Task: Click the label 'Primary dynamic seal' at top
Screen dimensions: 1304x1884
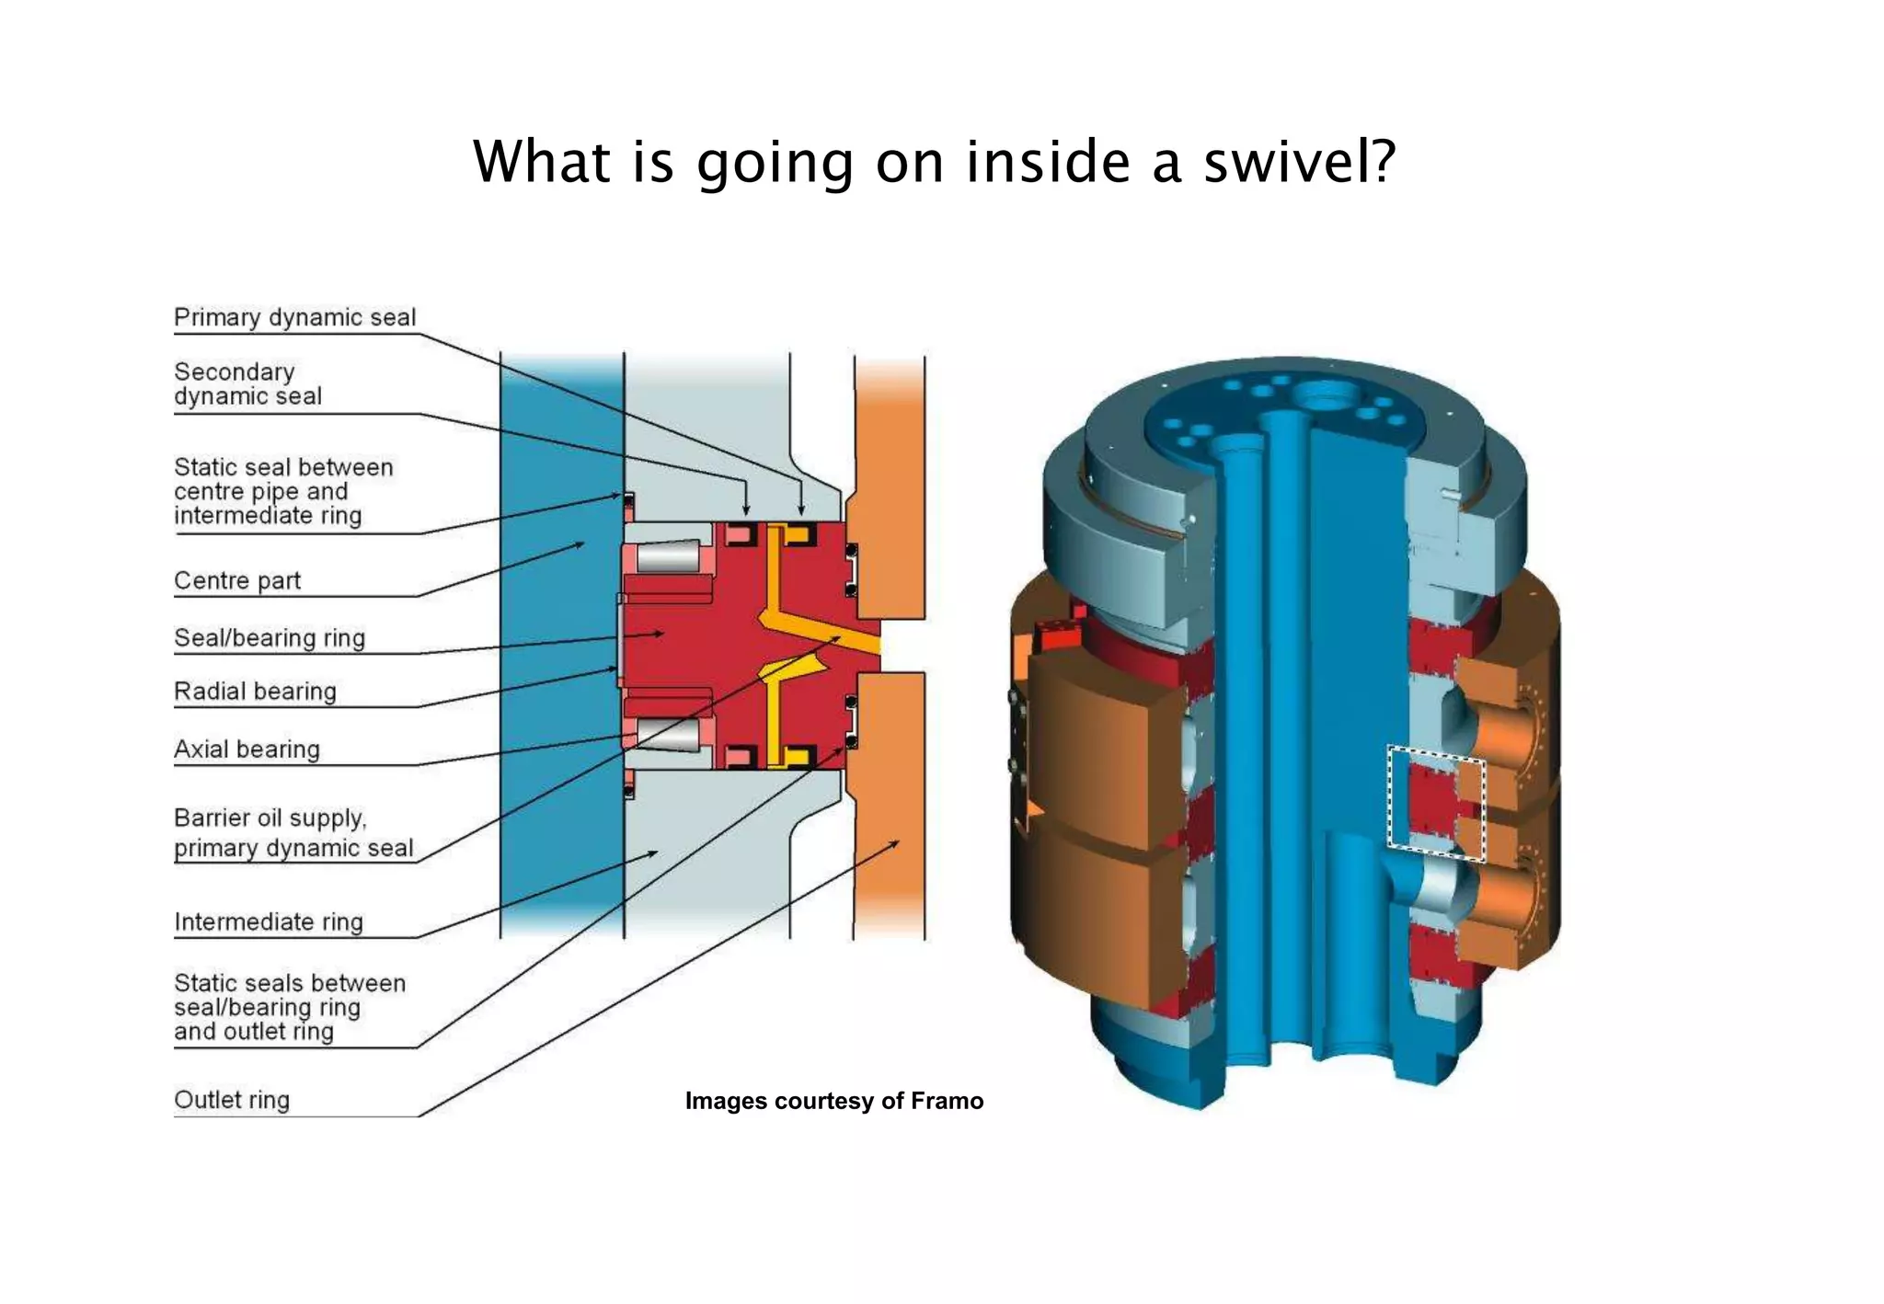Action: pyautogui.click(x=294, y=317)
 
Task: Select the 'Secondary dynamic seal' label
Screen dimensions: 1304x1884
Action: pyautogui.click(x=247, y=384)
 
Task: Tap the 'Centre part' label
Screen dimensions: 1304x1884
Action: pyautogui.click(x=237, y=581)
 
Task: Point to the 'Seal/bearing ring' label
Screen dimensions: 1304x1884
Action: pyautogui.click(x=270, y=638)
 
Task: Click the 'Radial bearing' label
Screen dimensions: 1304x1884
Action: pyautogui.click(x=255, y=692)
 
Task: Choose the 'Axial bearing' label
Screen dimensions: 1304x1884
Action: pyautogui.click(x=247, y=749)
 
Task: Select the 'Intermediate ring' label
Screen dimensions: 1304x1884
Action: pyautogui.click(x=268, y=921)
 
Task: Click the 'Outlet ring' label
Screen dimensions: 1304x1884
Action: pyautogui.click(x=232, y=1100)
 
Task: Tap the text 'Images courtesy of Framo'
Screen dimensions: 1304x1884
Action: pyautogui.click(x=833, y=1101)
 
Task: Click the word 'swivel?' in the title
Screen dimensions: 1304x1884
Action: pyautogui.click(x=1300, y=162)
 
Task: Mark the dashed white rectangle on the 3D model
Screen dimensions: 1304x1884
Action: pyautogui.click(x=1435, y=804)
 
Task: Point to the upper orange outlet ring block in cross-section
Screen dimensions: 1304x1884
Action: pyautogui.click(x=889, y=487)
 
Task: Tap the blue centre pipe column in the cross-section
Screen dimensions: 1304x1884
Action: pyautogui.click(x=561, y=644)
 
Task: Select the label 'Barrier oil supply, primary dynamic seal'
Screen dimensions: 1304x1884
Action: pyautogui.click(x=293, y=833)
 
